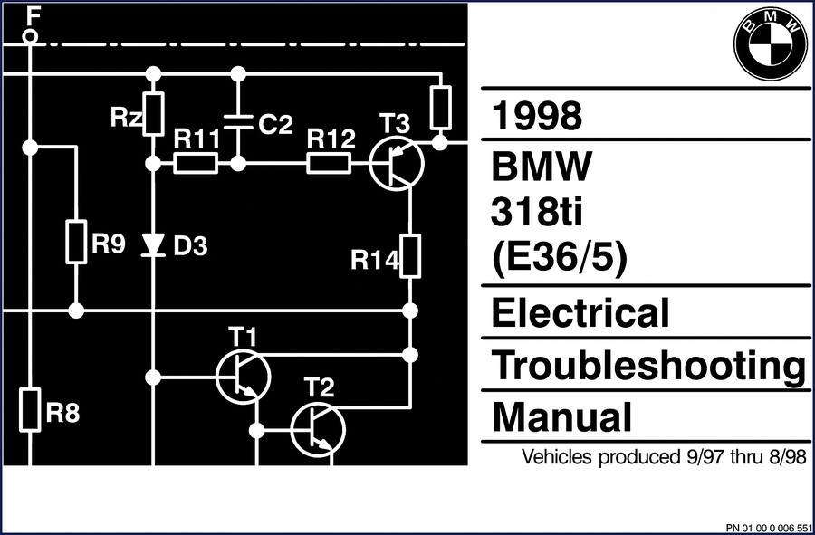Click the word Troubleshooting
tap(648, 367)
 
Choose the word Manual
tap(561, 416)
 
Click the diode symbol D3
tap(153, 244)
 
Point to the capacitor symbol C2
tap(237, 121)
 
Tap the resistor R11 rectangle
tap(196, 164)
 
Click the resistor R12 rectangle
tap(329, 164)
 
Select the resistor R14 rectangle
tap(410, 256)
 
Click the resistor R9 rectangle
tap(76, 242)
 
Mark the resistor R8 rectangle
tap(31, 409)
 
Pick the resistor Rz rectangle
tap(153, 114)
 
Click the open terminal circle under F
tap(31, 36)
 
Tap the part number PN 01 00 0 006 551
tap(768, 528)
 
